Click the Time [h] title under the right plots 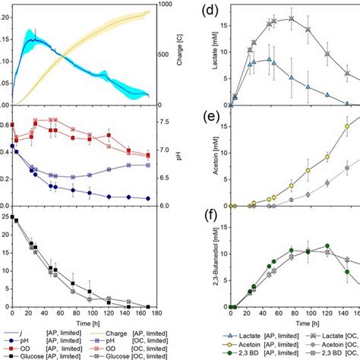[295, 323]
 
